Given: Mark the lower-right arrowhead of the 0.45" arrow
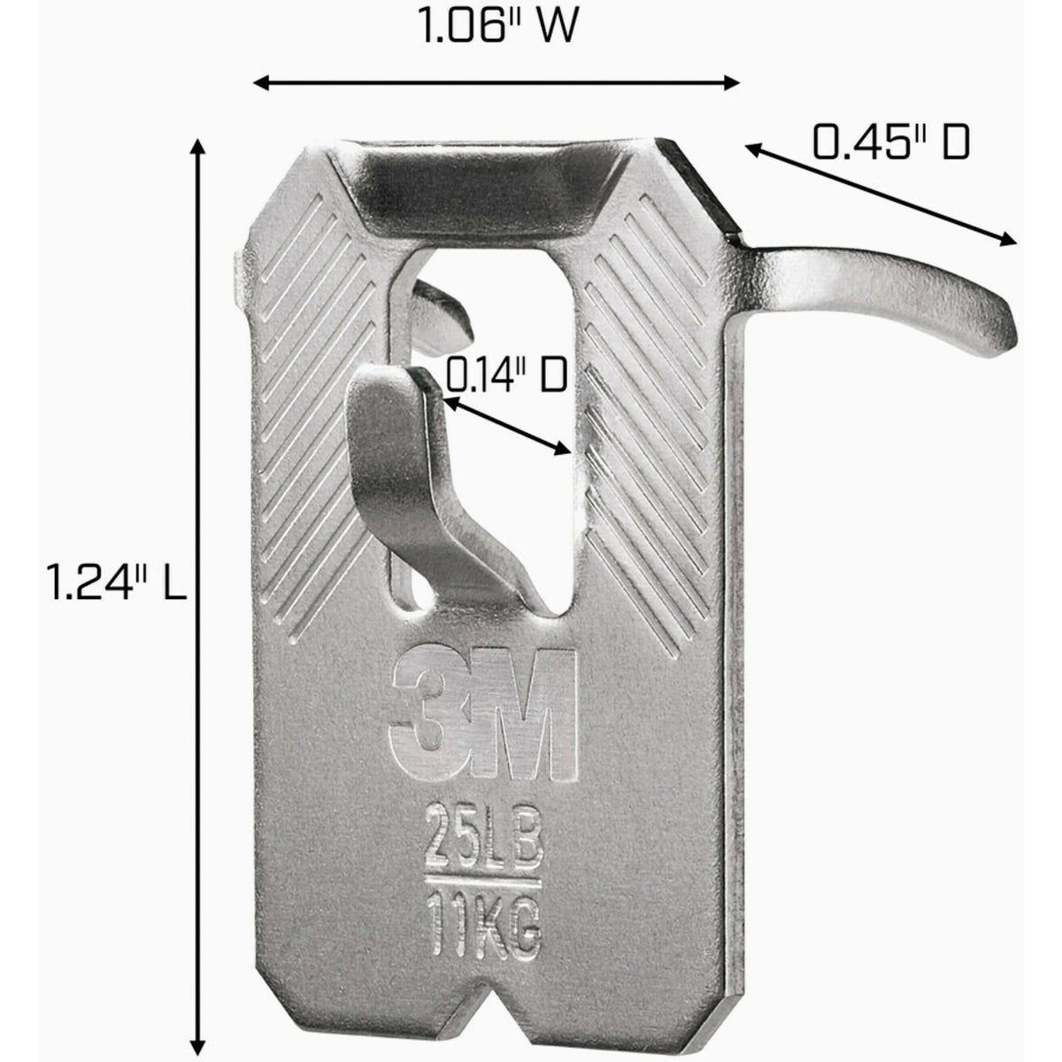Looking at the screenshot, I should click(x=1008, y=241).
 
